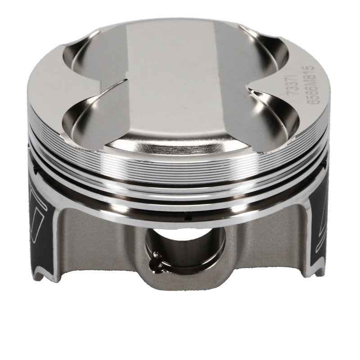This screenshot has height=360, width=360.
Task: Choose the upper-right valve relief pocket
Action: click(265, 49)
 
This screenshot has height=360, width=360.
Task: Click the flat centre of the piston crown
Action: click(180, 81)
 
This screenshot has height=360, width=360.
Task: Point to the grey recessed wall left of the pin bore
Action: click(108, 243)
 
